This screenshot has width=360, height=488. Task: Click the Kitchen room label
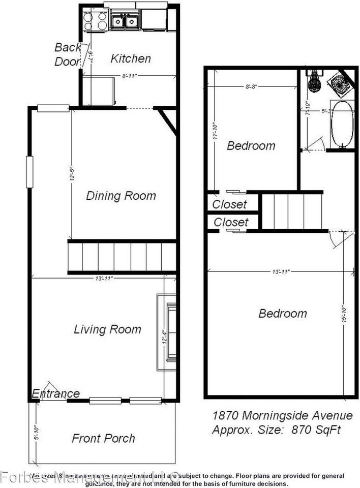click(131, 58)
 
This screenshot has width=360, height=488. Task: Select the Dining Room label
click(121, 196)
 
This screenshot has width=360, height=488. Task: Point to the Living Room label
click(107, 329)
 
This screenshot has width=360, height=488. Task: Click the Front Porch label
click(103, 438)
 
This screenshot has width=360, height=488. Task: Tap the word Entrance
click(56, 393)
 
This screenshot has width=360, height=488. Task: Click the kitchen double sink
click(125, 21)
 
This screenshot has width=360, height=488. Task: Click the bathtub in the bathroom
click(342, 124)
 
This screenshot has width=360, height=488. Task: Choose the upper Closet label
click(229, 205)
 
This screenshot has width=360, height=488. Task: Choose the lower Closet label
click(231, 222)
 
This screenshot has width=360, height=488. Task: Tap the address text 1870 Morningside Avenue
click(282, 416)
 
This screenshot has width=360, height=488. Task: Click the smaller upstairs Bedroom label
click(251, 146)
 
